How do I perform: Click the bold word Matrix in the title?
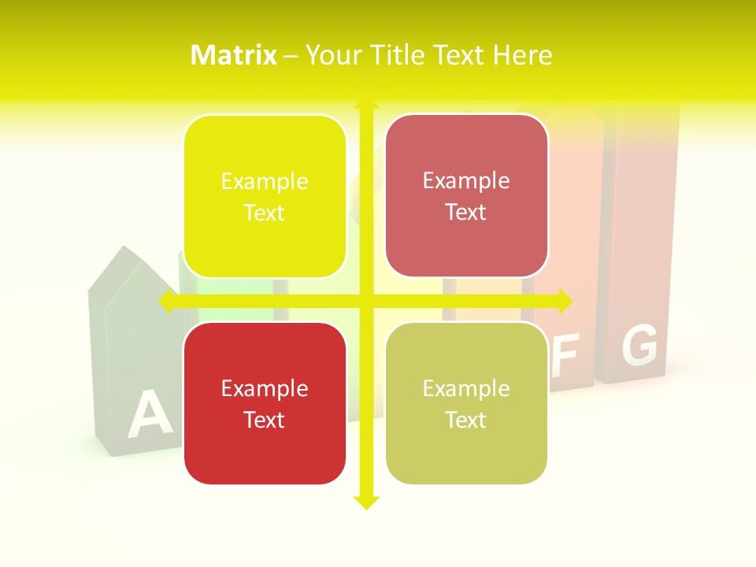tap(234, 55)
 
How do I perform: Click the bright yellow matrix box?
tap(265, 196)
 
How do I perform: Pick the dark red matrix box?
tap(265, 403)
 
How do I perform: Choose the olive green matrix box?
tap(466, 403)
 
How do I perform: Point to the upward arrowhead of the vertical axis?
tap(365, 105)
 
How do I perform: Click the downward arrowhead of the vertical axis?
tap(365, 502)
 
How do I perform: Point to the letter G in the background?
tap(639, 346)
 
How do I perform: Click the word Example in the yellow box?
tap(265, 181)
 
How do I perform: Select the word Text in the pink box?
tap(466, 212)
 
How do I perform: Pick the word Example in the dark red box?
tap(265, 388)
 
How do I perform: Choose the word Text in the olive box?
tap(466, 420)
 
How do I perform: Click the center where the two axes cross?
tap(365, 302)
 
